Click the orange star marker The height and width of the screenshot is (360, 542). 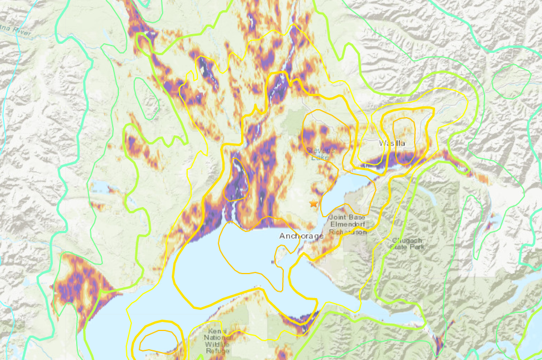[x=313, y=203]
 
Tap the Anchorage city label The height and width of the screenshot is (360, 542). [x=301, y=235]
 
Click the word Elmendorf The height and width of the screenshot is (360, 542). [x=351, y=225]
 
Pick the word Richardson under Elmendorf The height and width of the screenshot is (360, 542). [x=351, y=231]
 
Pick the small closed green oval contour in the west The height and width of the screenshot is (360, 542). [x=146, y=97]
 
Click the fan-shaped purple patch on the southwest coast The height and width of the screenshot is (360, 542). [x=80, y=284]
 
